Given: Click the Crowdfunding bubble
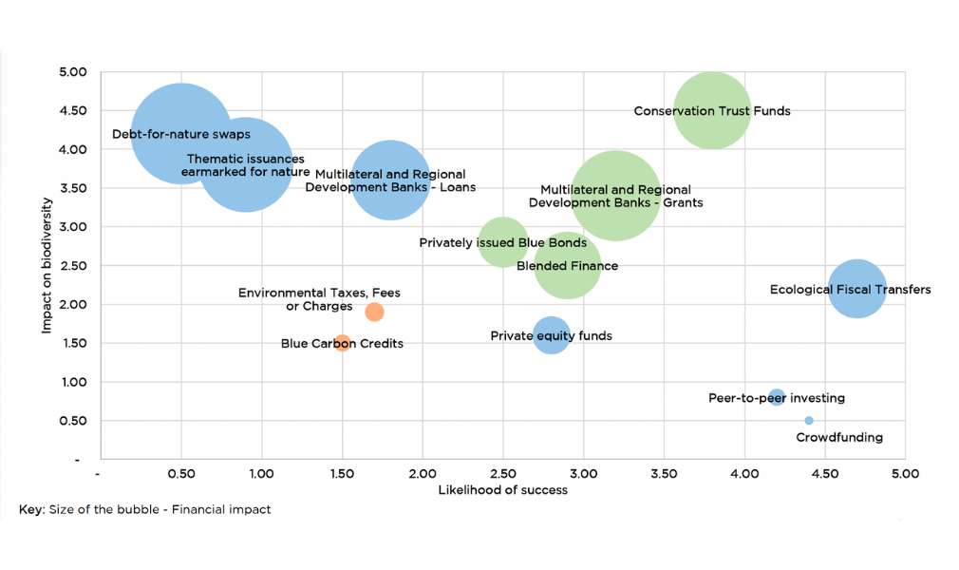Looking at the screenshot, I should coord(808,420).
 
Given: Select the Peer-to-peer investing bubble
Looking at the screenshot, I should coord(777,397).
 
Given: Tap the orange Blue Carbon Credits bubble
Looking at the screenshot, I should coord(343,342).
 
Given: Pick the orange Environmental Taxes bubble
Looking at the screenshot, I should coord(374,312).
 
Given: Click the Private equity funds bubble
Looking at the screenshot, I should coord(551,335).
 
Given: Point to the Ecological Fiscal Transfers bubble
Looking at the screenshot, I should coord(857,289).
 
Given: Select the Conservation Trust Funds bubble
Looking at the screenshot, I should coord(712,110).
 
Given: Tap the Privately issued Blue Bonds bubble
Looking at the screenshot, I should coord(503,242).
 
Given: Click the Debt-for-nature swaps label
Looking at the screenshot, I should coord(181,135).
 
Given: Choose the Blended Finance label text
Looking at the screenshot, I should coord(567,266).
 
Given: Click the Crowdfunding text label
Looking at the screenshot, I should coord(839,438).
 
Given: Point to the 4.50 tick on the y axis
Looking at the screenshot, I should coord(73,111).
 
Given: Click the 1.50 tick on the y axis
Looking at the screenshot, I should coord(73,344).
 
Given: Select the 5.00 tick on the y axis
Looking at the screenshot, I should coord(73,72).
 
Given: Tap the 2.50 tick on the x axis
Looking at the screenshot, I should coord(503,472).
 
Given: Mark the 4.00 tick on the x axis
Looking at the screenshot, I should coord(744,472).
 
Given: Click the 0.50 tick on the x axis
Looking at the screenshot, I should coord(180,472).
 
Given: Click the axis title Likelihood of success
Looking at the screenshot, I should coord(502,490).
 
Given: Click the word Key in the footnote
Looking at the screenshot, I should coord(30,510).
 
